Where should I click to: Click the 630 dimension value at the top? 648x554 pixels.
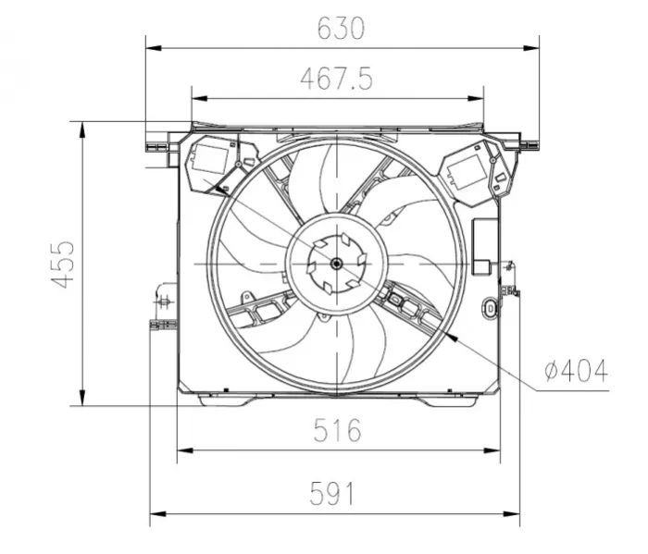coord(342,29)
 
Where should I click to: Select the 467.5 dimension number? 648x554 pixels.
coord(336,80)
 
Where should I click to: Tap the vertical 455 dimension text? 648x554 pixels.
coord(63,264)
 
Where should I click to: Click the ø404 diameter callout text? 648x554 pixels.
coord(576,371)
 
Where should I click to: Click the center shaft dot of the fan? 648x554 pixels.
coord(335,264)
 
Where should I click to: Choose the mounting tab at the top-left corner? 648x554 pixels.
coord(156,144)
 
